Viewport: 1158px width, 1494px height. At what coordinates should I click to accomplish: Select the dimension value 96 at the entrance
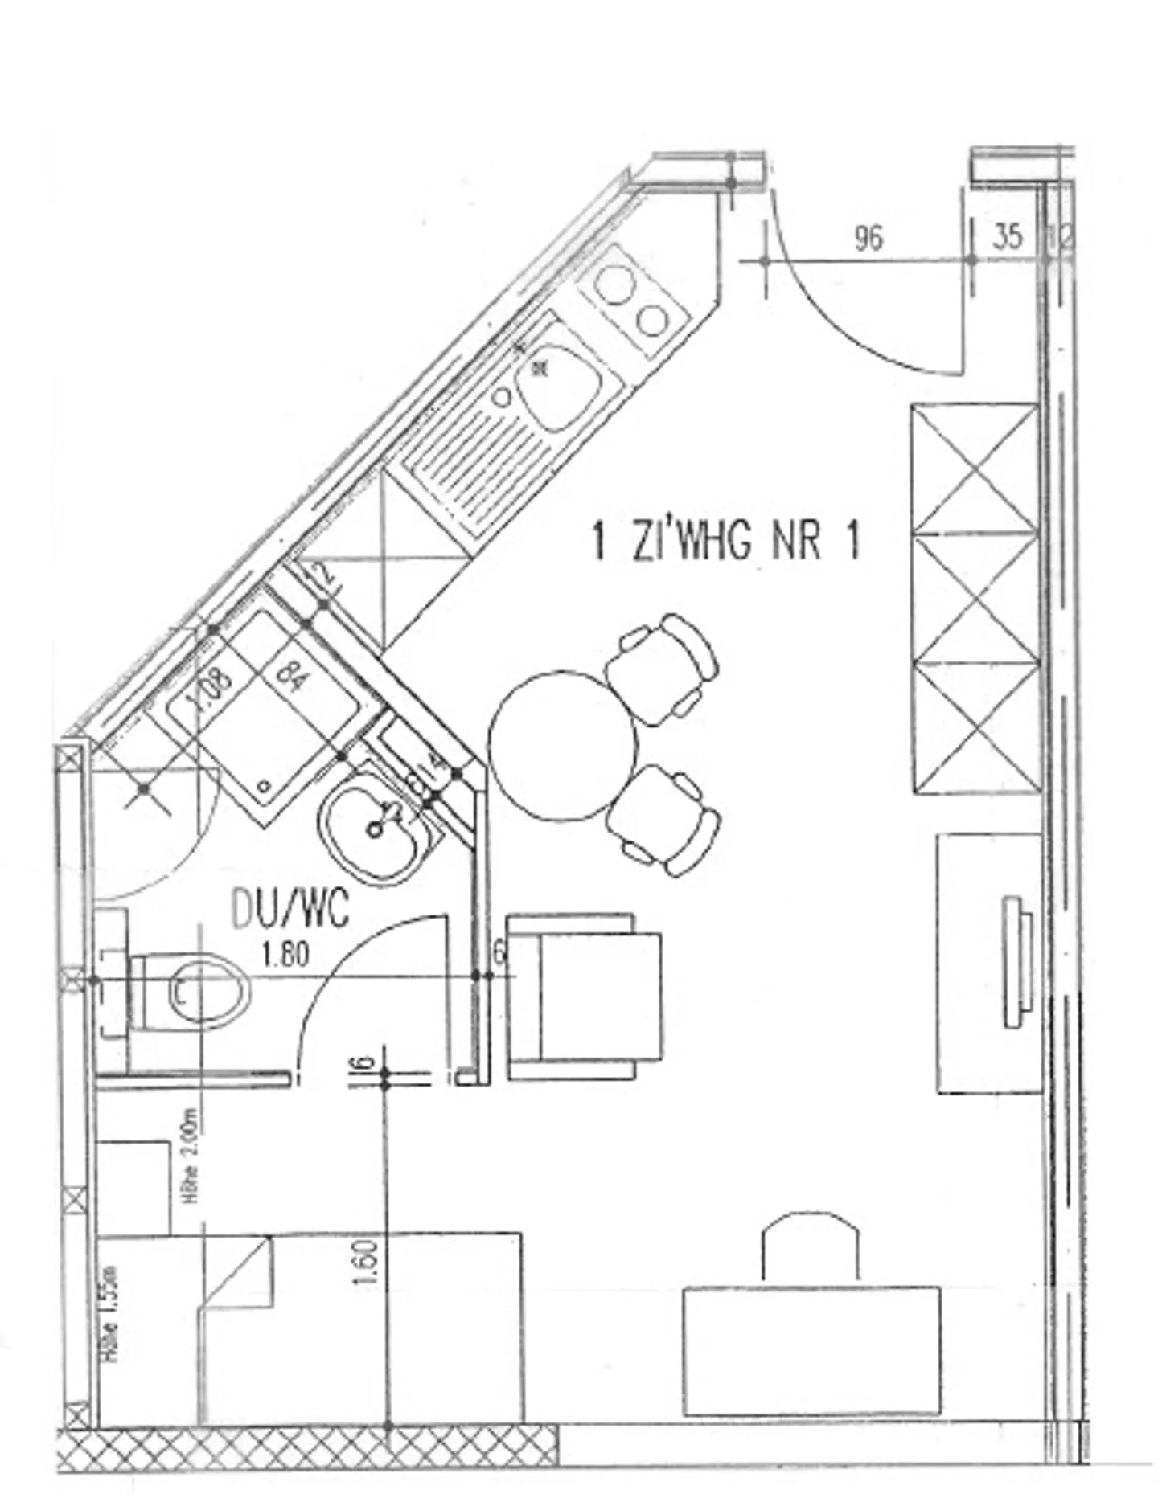pyautogui.click(x=868, y=238)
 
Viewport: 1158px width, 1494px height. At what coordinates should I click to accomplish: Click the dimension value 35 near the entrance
pyautogui.click(x=1007, y=237)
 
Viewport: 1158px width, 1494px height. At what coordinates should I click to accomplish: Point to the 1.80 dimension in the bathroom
pyautogui.click(x=285, y=955)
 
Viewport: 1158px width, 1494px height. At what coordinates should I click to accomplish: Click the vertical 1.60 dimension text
pyautogui.click(x=365, y=1263)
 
